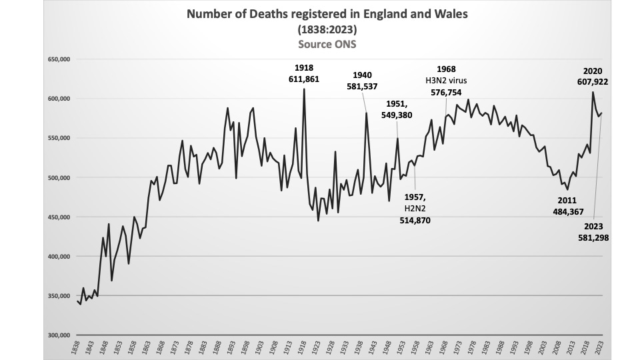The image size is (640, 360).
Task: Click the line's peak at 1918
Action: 304,89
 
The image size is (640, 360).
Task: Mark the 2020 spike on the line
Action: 593,92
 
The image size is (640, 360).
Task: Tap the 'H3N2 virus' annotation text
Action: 447,81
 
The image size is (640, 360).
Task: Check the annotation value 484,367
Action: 569,211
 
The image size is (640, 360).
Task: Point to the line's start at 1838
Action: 78,301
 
